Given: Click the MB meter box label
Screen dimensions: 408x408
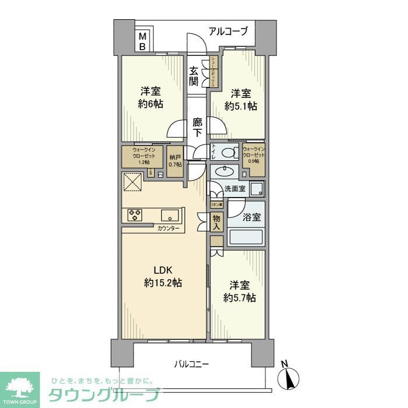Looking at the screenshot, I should point(142,42).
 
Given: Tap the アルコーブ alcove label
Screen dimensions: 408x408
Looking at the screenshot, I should point(228,31).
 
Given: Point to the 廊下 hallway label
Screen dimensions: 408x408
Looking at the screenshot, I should point(198,128).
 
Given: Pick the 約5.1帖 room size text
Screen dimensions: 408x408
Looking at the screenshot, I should point(241,106).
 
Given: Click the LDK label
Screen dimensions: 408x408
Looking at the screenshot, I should point(163,270).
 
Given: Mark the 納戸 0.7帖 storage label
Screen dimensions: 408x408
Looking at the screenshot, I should point(175,161).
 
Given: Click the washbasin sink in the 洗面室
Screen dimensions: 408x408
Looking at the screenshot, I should point(223,171).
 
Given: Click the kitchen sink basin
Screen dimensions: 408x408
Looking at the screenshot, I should point(170,214).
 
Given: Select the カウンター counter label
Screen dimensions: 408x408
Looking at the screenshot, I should point(168,228).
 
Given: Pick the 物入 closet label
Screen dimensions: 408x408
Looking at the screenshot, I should point(216,222).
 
